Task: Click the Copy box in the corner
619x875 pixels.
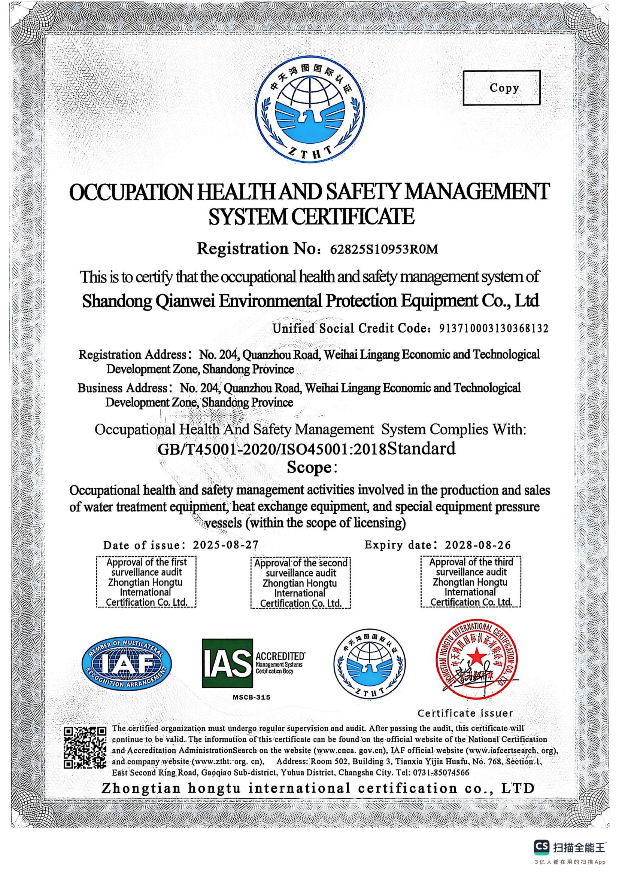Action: point(501,88)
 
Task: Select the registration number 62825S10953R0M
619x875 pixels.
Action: point(384,249)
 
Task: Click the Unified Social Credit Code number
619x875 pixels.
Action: point(494,328)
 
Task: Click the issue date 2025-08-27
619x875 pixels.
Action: point(226,545)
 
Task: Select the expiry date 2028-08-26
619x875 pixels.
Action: point(477,545)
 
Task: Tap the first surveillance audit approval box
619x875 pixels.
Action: point(146,582)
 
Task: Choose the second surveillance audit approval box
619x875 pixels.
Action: point(301,582)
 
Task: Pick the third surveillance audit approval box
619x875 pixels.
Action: point(471,582)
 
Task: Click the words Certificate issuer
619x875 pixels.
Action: point(465,713)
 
